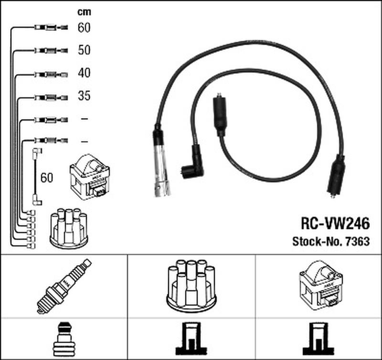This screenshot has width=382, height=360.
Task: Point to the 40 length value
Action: click(84, 73)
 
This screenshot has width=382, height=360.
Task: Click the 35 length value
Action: click(84, 96)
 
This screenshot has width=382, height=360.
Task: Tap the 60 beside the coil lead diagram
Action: click(47, 178)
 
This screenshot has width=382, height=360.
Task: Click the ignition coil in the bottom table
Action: click(319, 286)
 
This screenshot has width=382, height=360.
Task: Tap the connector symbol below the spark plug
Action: click(64, 340)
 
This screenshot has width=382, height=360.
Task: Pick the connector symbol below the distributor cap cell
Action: click(191, 340)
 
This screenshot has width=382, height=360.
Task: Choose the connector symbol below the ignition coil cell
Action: click(319, 340)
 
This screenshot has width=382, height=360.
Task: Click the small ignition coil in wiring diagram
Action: click(90, 180)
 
